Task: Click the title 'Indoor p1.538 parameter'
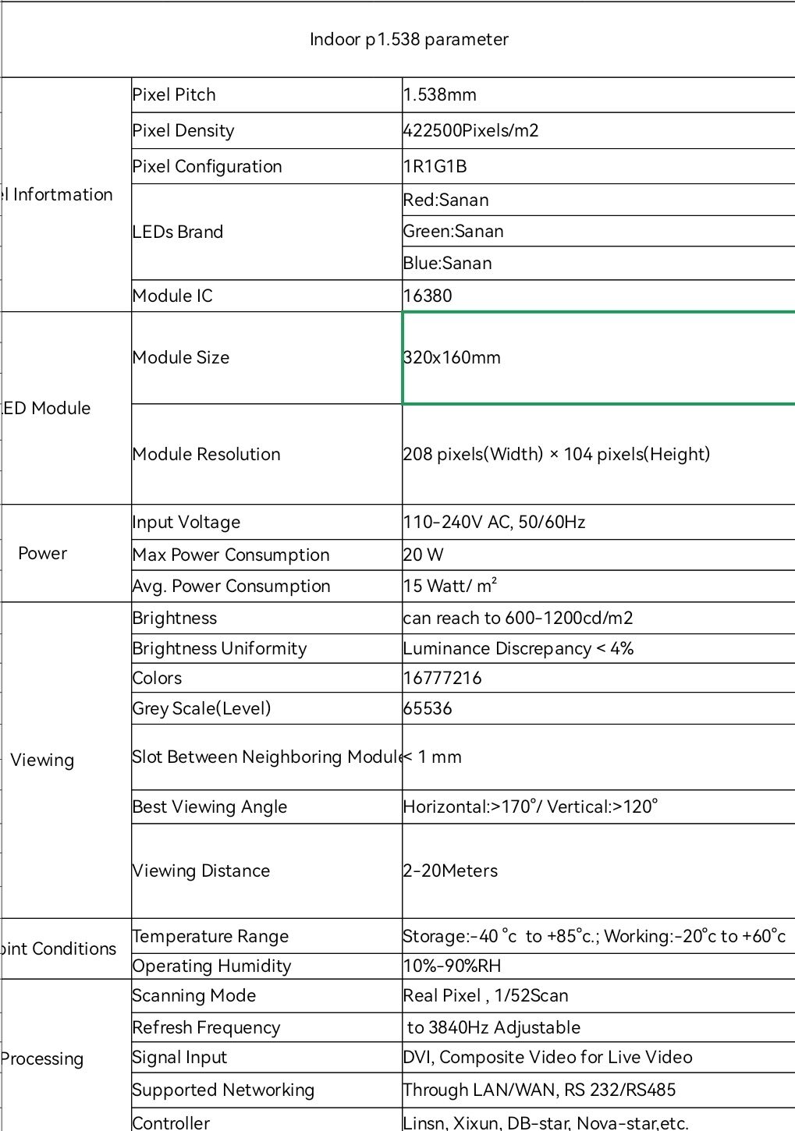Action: pyautogui.click(x=409, y=40)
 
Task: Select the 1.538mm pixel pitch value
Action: pyautogui.click(x=440, y=95)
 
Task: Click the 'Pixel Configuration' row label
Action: pyautogui.click(x=208, y=167)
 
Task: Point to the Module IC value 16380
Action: pyautogui.click(x=428, y=296)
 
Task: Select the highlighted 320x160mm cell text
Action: pyautogui.click(x=453, y=358)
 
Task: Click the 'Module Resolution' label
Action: pyautogui.click(x=207, y=455)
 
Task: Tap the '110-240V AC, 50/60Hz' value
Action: pyautogui.click(x=495, y=523)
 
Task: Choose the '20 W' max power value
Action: pyautogui.click(x=424, y=555)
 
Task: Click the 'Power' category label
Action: pyautogui.click(x=43, y=554)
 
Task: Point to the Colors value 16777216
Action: pyautogui.click(x=442, y=679)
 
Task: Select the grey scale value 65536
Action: pyautogui.click(x=428, y=709)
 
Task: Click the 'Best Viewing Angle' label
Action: pyautogui.click(x=210, y=807)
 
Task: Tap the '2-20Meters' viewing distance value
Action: pyautogui.click(x=451, y=871)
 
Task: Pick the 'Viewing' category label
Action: pyautogui.click(x=43, y=760)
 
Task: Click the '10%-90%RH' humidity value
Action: pyautogui.click(x=453, y=966)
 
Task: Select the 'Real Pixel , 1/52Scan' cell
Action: pyautogui.click(x=486, y=996)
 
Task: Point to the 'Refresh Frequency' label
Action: pyautogui.click(x=206, y=1028)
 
